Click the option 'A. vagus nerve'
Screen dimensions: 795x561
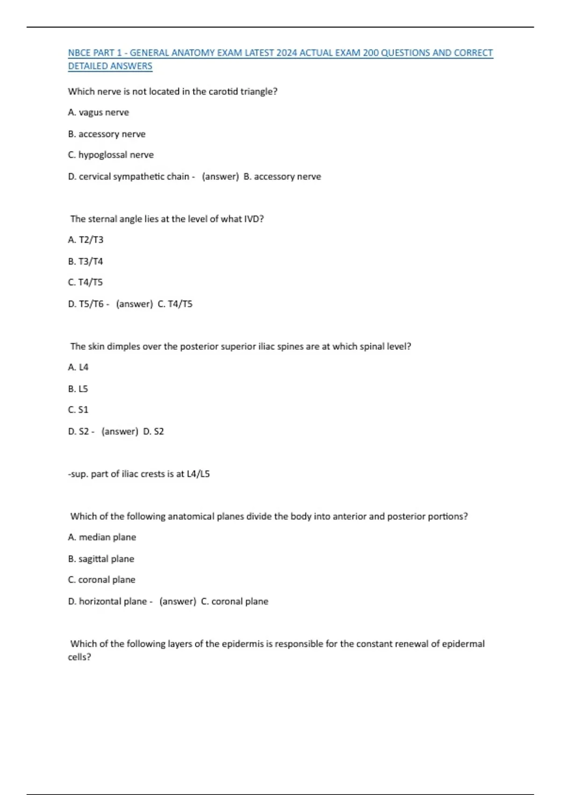(x=98, y=113)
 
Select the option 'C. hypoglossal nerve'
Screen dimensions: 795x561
(x=111, y=155)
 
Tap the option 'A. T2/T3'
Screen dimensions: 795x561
(x=86, y=240)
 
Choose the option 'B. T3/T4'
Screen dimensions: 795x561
(x=85, y=261)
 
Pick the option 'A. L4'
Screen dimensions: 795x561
(x=78, y=368)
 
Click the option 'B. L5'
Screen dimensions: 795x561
(x=78, y=389)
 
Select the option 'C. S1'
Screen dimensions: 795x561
(x=78, y=410)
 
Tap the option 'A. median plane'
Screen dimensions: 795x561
(x=102, y=537)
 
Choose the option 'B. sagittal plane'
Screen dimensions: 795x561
(x=101, y=559)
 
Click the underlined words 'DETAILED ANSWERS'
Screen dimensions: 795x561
(x=110, y=66)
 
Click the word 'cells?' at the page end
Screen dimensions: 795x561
(x=79, y=657)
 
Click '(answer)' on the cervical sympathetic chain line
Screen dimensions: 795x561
(x=220, y=177)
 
